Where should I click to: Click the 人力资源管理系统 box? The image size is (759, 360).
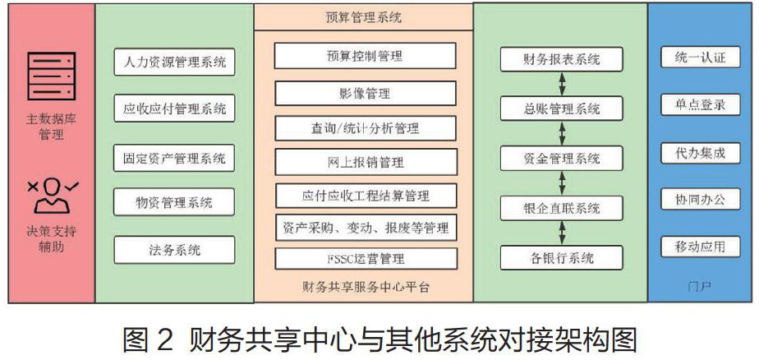point(174,62)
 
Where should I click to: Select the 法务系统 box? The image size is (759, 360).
point(174,249)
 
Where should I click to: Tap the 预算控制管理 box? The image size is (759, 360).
point(365,56)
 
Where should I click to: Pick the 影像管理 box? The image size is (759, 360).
point(365,94)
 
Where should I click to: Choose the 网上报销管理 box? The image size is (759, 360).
point(365,161)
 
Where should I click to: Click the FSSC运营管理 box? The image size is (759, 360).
point(365,259)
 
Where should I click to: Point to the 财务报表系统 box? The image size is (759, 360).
point(562,60)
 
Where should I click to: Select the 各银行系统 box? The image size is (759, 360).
point(562,258)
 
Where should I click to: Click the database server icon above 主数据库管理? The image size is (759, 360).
point(51,77)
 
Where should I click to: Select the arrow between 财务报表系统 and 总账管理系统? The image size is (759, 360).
point(562,84)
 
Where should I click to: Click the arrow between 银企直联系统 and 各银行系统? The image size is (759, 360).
point(562,233)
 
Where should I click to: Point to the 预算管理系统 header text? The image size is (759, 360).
point(364,16)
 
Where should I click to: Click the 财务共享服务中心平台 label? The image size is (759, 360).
point(364,287)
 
